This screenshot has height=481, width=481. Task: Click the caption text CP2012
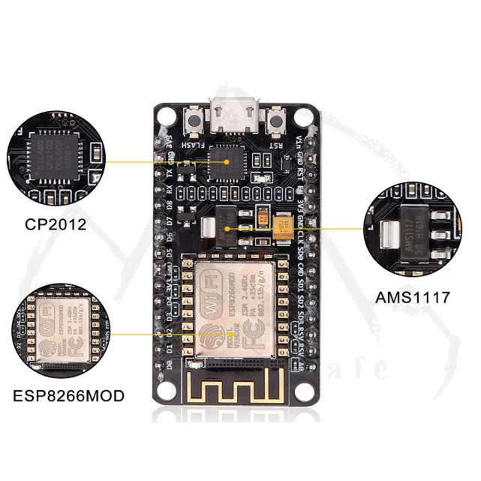click(56, 224)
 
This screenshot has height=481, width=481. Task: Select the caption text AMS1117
click(413, 297)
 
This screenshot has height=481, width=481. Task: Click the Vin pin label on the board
click(299, 140)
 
